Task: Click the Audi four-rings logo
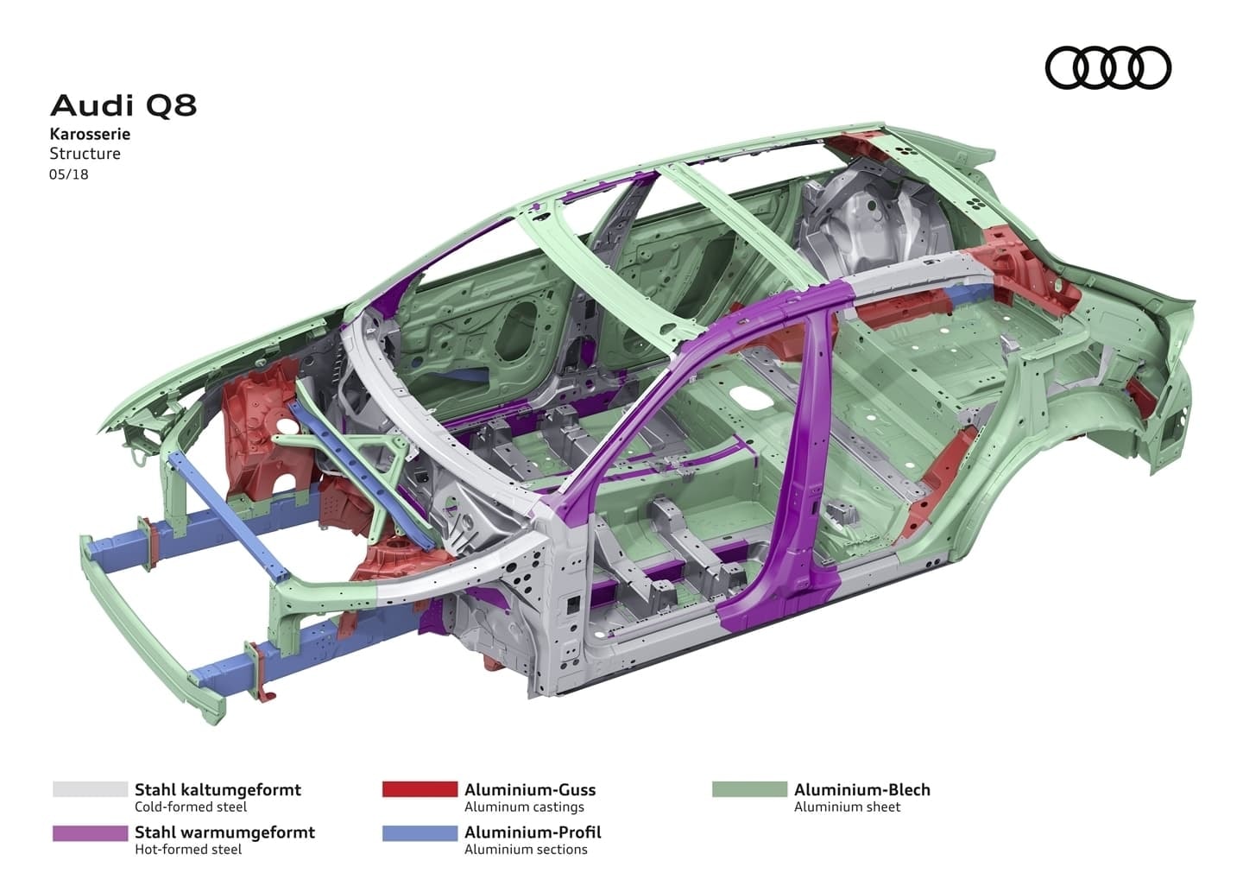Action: (1107, 67)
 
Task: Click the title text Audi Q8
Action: (123, 105)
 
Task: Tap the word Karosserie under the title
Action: (90, 134)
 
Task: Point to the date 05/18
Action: (69, 174)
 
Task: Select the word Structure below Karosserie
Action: (85, 154)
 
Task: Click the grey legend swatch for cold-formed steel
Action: (90, 789)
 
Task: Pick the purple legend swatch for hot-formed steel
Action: (90, 832)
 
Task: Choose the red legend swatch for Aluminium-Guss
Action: (420, 789)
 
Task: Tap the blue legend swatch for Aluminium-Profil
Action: (420, 832)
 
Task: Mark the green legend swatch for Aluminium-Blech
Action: (749, 789)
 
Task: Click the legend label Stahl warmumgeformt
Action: (224, 832)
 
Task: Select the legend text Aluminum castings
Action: (524, 807)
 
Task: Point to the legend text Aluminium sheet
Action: (847, 807)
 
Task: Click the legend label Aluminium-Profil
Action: (533, 832)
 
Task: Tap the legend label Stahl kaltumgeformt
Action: (218, 789)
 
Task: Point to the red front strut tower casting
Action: (263, 432)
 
